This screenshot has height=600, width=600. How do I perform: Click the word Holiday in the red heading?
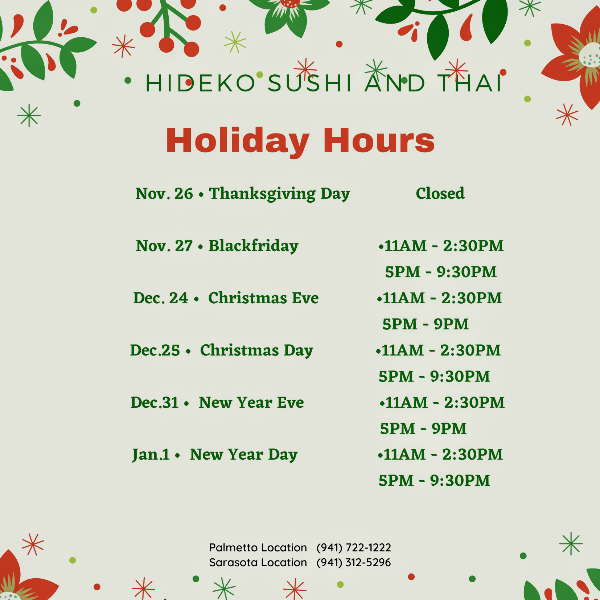click(x=238, y=141)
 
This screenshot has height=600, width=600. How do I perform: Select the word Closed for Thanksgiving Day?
click(x=440, y=193)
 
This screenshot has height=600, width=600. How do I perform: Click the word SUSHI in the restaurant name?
click(x=309, y=83)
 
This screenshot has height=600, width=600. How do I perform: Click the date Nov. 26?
click(x=164, y=194)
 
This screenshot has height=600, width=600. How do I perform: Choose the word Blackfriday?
click(x=253, y=246)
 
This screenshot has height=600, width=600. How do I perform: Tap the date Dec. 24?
click(x=161, y=298)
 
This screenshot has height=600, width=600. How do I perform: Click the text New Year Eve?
click(x=251, y=403)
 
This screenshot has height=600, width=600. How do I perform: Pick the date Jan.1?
click(x=151, y=455)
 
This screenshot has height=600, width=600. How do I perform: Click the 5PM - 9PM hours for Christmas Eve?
click(x=426, y=324)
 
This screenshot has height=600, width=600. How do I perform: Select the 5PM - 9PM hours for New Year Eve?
click(x=423, y=429)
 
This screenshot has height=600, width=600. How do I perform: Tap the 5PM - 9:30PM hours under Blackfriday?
click(x=441, y=272)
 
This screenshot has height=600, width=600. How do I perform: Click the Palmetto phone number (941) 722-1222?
click(x=354, y=547)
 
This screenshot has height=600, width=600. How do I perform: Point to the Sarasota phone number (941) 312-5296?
click(x=354, y=562)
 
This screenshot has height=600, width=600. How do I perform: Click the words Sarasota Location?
click(x=258, y=562)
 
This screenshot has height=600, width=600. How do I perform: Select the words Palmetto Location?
click(x=258, y=547)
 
